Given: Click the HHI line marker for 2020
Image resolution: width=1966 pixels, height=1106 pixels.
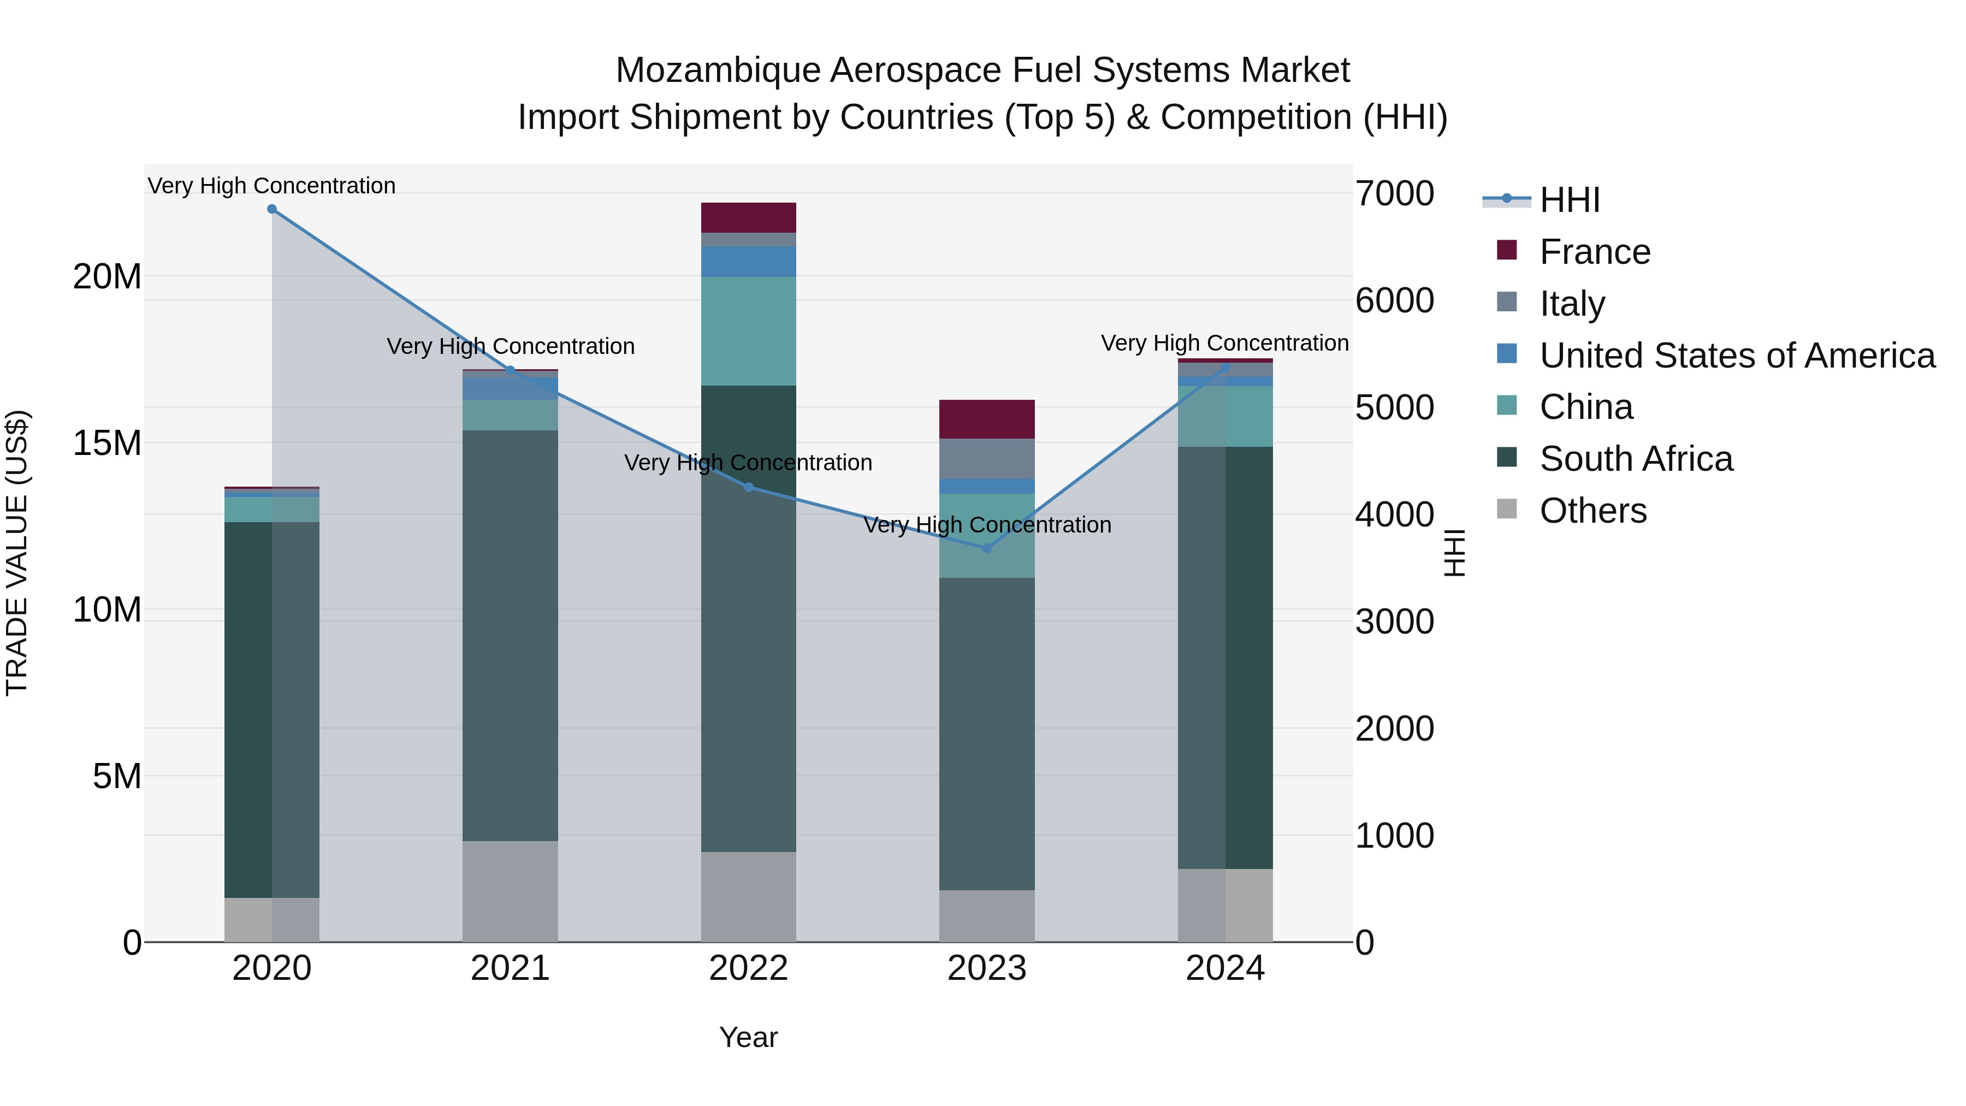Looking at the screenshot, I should coord(272,209).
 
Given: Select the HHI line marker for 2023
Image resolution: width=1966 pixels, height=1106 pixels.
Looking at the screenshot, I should coord(987,548).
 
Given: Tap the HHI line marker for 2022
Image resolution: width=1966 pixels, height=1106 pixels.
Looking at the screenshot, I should coord(749,487).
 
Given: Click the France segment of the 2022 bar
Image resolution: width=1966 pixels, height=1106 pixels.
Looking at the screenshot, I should coord(749,217).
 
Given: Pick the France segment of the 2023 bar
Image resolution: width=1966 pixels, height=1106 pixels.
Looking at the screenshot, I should coord(987,419).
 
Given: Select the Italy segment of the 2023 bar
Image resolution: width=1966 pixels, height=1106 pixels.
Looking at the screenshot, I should coord(987,459).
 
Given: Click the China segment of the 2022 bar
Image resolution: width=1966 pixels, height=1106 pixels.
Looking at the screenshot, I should coord(749,332).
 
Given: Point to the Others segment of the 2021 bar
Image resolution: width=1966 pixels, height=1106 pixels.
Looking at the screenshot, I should coord(510,891).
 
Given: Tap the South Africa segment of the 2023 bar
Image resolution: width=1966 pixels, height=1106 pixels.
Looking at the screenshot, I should coord(987,733).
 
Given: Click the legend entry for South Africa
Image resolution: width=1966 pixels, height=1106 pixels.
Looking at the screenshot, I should coord(1636,459).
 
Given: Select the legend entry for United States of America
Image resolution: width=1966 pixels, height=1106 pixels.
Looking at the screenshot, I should coord(1736,356).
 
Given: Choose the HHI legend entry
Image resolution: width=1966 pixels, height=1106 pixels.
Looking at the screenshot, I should coord(1569,200).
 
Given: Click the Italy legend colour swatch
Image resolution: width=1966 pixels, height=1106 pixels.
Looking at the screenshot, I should coord(1507,302).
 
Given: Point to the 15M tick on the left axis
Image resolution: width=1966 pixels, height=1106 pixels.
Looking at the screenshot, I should coord(107,443).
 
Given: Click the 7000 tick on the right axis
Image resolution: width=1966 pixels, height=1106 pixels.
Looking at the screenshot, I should coord(1394,193).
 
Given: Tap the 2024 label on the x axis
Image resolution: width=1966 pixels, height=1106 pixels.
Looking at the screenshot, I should coord(1225,968).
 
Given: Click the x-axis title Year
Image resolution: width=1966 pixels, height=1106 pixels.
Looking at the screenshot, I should coord(748,1037).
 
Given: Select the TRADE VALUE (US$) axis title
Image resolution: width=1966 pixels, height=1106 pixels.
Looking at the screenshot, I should coord(17,553).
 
